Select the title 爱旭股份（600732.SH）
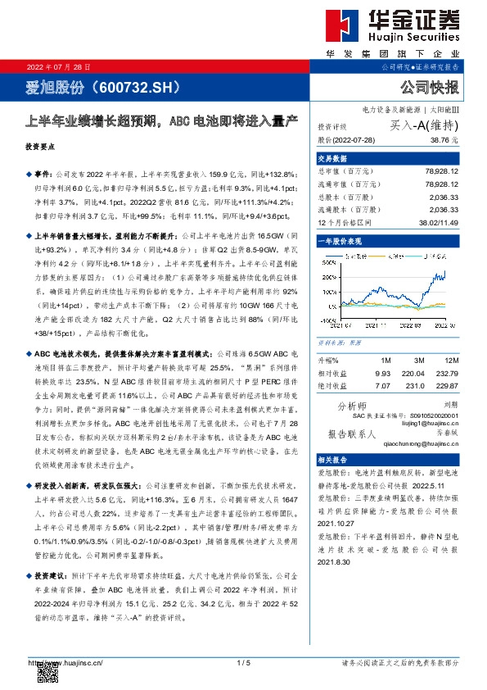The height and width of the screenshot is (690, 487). pos(87,88)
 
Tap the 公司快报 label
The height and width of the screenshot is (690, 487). pos(431,88)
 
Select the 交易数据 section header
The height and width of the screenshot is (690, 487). pos(331,158)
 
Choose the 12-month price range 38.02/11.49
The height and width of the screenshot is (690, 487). pos(438,221)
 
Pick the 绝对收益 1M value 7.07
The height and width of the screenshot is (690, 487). pos(383,384)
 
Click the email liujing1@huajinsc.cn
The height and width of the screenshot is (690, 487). pos(427,422)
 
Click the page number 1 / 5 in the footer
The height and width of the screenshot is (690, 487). pos(242,662)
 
